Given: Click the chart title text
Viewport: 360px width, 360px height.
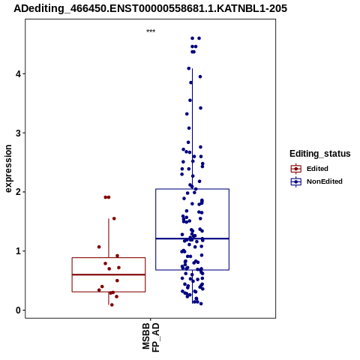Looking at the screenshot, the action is tap(150, 9).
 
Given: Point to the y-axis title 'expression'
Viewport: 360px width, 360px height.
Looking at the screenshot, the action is tap(8, 169).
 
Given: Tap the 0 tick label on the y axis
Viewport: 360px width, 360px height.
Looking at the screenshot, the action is tap(18, 310).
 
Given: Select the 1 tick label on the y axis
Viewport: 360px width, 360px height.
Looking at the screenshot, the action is tap(18, 251).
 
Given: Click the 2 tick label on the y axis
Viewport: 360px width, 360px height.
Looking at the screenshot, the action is tap(18, 192).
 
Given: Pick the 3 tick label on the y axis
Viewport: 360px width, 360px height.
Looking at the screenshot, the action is tap(18, 133).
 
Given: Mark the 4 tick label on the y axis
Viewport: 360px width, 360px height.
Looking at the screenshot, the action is tap(18, 74).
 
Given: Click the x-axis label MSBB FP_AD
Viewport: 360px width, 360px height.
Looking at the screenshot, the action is tap(151, 337).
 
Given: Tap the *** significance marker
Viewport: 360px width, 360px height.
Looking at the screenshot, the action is tap(151, 31).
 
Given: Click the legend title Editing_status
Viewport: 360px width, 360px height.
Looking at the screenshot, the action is tap(320, 154).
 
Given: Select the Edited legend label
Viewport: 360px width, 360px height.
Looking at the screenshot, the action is tap(317, 169).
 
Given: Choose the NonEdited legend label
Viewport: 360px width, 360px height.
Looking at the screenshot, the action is tap(325, 181).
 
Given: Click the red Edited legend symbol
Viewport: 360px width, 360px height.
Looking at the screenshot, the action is tap(296, 169).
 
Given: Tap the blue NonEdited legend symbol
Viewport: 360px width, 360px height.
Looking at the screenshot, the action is tap(296, 181).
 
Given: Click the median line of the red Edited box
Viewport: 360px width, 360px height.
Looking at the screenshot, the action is tap(109, 274).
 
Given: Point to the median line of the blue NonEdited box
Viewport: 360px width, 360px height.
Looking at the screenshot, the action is tap(192, 238).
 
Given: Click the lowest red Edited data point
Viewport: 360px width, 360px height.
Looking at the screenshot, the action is tap(112, 304).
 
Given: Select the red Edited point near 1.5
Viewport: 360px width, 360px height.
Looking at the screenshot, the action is tap(114, 218).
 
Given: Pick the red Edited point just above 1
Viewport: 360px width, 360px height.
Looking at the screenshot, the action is tap(99, 247).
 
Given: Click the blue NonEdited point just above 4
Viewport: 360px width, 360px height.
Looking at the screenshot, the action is tap(189, 68).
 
